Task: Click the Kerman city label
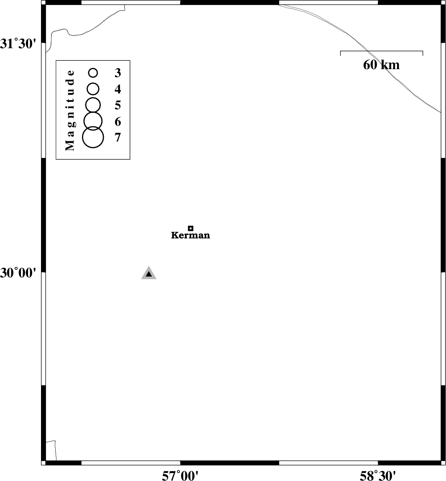tap(190, 235)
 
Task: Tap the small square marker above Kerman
tap(190, 228)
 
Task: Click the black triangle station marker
tap(149, 274)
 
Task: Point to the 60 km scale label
tap(382, 65)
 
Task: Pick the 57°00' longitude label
tap(180, 476)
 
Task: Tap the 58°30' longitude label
tap(378, 476)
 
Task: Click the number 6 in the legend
tap(118, 122)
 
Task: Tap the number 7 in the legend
tap(118, 137)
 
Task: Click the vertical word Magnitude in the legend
tap(70, 110)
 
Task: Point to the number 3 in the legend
tap(118, 73)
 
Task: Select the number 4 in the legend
tap(118, 89)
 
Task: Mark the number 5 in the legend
tap(118, 105)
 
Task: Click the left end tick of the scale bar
tap(341, 53)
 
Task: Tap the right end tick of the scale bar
tap(423, 53)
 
